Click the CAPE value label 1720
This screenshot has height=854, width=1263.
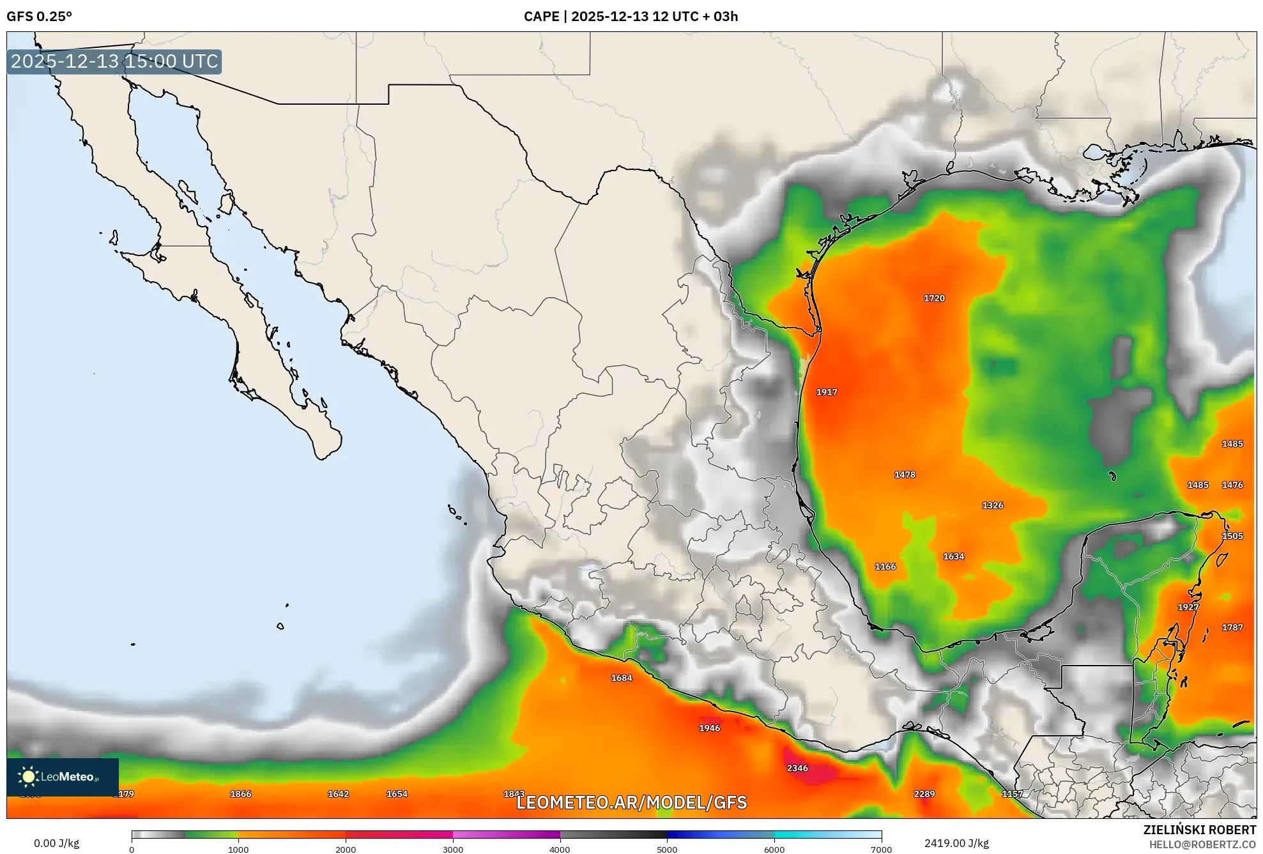point(934,298)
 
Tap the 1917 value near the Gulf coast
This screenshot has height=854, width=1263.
point(827,392)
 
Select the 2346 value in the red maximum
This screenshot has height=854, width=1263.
point(797,768)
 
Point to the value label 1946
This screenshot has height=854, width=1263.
point(710,728)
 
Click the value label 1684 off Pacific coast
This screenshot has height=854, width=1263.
point(622,678)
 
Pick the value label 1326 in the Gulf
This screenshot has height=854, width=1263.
point(993,505)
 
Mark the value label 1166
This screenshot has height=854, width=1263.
point(885,567)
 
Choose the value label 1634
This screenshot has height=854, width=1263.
point(954,556)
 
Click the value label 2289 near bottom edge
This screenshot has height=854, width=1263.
point(924,794)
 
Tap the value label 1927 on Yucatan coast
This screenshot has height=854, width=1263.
point(1188,607)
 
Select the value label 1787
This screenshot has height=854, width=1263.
point(1232,628)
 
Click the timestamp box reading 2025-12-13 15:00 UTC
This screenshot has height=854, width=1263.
point(114,61)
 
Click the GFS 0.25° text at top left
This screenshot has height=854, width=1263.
point(40,17)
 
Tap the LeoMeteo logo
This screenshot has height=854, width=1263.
point(63,777)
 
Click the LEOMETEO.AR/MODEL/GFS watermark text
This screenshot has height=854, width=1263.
point(631,803)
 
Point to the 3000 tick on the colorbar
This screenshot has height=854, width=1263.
point(453,849)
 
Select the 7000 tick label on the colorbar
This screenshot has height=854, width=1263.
point(881,849)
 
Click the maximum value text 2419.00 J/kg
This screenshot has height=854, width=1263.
point(956,843)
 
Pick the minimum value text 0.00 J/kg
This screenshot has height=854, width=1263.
point(56,843)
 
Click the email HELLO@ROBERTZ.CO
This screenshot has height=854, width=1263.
point(1202,844)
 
